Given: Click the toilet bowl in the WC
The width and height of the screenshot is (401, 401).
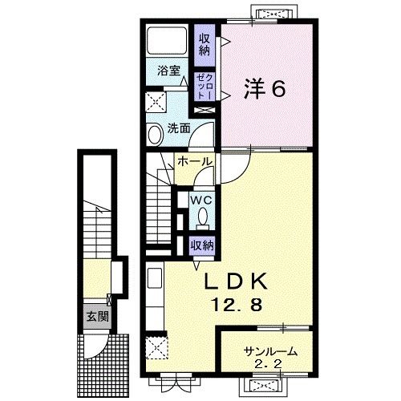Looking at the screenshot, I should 201,216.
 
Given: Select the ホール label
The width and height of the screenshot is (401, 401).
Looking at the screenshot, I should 195,162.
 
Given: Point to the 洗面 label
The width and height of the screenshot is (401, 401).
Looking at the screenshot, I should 179,128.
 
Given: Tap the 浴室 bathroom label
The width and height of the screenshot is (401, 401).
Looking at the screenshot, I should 168,71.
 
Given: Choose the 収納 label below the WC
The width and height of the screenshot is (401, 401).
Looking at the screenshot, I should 201,245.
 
